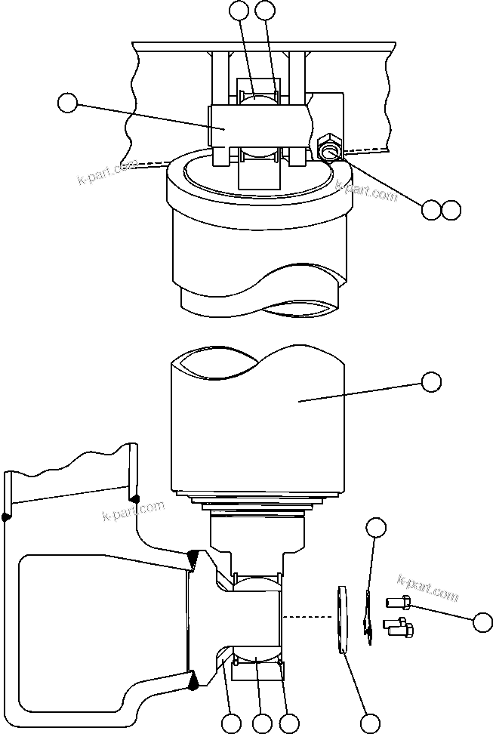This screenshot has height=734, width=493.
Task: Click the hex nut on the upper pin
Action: click(x=330, y=146)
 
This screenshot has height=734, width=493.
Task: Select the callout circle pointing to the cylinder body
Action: click(x=431, y=382)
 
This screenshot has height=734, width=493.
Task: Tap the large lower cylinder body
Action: click(x=257, y=423)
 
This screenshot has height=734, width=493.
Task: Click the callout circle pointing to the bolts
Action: click(x=482, y=622)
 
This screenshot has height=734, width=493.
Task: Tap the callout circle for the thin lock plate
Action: click(x=376, y=527)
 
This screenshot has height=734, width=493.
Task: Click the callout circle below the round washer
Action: click(x=369, y=723)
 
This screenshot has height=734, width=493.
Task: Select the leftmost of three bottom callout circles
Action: click(x=233, y=723)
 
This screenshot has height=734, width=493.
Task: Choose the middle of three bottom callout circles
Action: click(x=262, y=723)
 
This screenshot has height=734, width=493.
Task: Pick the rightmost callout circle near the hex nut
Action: click(x=451, y=210)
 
